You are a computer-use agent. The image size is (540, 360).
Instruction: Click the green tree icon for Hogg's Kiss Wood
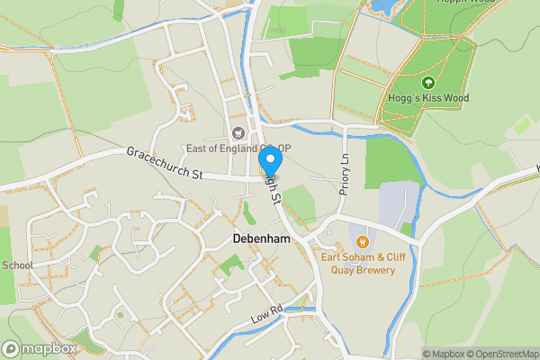(428, 83)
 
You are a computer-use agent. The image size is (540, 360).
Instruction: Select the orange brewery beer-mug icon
(363, 241)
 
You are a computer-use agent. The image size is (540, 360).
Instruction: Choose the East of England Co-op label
(238, 148)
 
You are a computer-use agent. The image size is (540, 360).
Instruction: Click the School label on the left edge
(17, 265)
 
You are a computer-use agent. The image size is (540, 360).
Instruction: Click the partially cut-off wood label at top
(467, 3)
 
